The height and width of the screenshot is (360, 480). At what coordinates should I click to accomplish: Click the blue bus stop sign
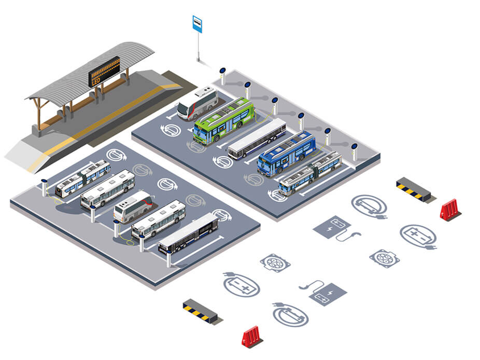(197, 24)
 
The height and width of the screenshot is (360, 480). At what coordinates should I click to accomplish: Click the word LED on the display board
(96, 81)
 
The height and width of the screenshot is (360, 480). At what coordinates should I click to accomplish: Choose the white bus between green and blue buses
(257, 137)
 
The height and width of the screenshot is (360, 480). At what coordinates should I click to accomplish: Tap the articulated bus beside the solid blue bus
(310, 172)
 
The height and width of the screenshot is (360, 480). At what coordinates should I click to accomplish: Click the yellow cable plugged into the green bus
(259, 118)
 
